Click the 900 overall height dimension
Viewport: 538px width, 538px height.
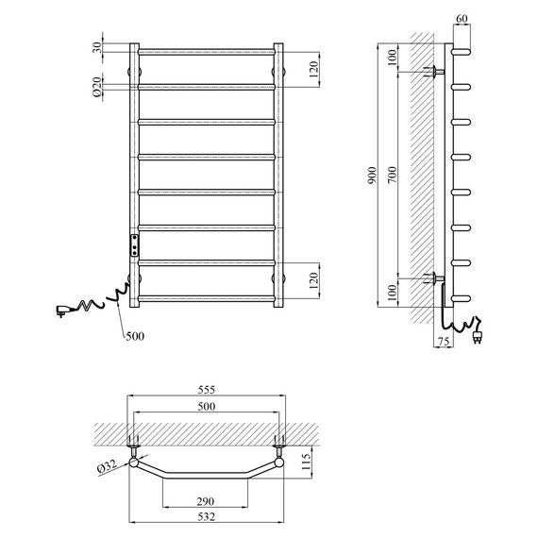click(x=373, y=174)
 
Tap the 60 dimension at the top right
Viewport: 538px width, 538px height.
click(x=461, y=19)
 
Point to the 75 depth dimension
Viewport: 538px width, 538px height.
click(x=443, y=342)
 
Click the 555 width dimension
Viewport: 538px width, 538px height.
click(x=206, y=388)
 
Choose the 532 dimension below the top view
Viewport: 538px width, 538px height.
click(x=206, y=516)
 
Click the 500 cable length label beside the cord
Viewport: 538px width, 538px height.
click(x=136, y=335)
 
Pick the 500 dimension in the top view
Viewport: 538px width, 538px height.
click(x=206, y=406)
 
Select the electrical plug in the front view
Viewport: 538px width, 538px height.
click(x=64, y=308)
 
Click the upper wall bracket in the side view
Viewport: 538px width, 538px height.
click(x=435, y=72)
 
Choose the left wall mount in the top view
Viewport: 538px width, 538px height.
click(x=132, y=441)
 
